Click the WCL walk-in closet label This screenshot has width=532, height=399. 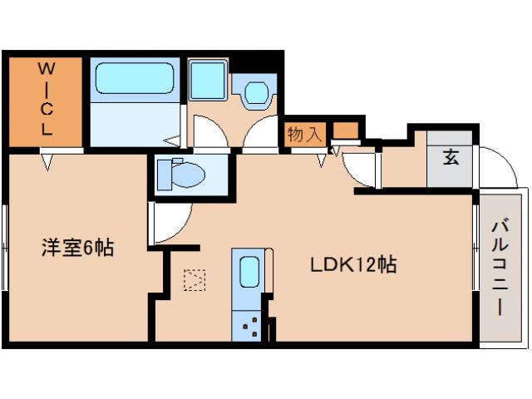point(46,101)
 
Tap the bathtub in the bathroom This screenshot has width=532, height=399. point(134,80)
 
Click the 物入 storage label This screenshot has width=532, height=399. point(304,134)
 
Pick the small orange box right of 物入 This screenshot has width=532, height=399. point(347,131)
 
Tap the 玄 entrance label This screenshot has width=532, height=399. point(450,157)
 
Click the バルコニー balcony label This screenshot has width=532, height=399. point(500,266)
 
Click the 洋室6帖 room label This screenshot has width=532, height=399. point(79,247)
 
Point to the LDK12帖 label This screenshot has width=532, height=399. point(352,265)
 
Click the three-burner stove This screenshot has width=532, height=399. point(249,327)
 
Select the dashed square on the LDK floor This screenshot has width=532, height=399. point(195,278)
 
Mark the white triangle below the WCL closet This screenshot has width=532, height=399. point(47,160)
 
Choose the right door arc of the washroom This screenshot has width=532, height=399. point(259,133)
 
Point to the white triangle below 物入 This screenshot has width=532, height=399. point(321,160)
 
